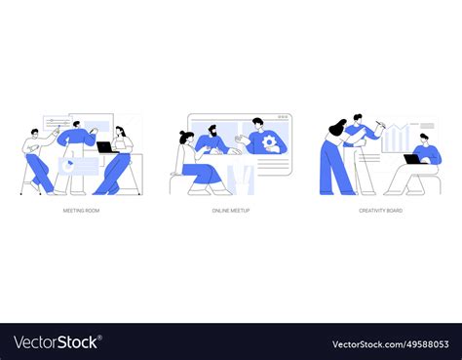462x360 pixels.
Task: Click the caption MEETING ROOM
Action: point(81,211)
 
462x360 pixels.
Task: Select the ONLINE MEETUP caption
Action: point(231,211)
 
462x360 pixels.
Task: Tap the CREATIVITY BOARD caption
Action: point(380,211)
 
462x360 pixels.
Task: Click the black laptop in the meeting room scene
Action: point(105,147)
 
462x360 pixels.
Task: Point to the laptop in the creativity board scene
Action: point(412,159)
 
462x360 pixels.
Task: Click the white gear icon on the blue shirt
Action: point(269,142)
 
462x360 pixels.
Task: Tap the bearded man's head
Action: point(212,131)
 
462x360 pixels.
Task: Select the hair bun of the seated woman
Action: point(181,133)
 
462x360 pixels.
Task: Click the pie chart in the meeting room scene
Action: point(68,165)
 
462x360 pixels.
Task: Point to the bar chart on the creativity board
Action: point(396,139)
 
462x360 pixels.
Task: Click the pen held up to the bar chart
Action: point(380,123)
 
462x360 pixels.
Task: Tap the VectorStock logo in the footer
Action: point(58,342)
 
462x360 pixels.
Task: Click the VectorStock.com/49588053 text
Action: point(391,344)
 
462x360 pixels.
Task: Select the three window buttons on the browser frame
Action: point(283,116)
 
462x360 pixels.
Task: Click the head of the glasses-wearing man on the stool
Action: point(34,133)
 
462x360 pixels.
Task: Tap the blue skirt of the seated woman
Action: point(201,174)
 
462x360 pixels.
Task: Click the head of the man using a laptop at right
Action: point(424,139)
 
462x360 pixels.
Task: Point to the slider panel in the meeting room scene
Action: point(58,123)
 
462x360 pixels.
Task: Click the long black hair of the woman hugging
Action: point(337,127)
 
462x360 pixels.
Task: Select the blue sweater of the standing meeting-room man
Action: point(77,138)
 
